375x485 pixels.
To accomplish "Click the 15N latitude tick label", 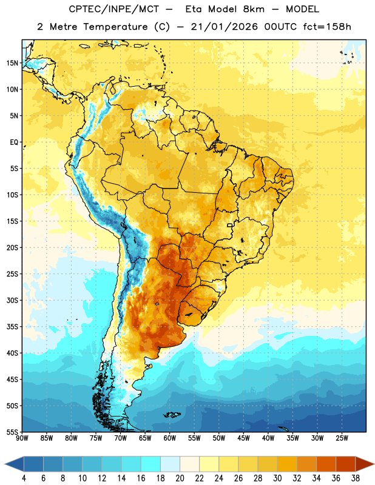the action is pyautogui.click(x=12, y=63).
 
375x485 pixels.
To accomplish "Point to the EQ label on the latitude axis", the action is pyautogui.click(x=14, y=142).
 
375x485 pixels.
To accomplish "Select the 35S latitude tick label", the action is pyautogui.click(x=12, y=327).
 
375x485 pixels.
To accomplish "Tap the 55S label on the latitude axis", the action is pyautogui.click(x=12, y=432).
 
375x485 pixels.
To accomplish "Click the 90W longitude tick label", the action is pyautogui.click(x=22, y=438).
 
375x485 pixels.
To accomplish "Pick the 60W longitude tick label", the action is pyautogui.click(x=170, y=438).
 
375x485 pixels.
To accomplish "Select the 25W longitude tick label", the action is pyautogui.click(x=342, y=438).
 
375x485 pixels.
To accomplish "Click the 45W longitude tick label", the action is pyautogui.click(x=243, y=438).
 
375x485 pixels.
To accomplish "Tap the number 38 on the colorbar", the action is pyautogui.click(x=356, y=478).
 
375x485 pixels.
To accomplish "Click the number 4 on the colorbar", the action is pyautogui.click(x=24, y=478).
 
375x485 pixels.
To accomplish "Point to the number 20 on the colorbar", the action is pyautogui.click(x=180, y=478).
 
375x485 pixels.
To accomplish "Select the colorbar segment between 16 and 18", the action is pyautogui.click(x=151, y=464).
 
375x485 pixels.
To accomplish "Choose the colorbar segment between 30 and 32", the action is pyautogui.click(x=287, y=464).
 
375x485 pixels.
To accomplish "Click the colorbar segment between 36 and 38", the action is pyautogui.click(x=346, y=464).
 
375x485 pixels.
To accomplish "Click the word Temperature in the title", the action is pyautogui.click(x=115, y=27).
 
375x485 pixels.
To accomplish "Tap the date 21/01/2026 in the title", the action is pyautogui.click(x=224, y=27).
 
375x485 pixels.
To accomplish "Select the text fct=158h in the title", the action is pyautogui.click(x=327, y=27).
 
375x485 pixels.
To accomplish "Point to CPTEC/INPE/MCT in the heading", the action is pyautogui.click(x=113, y=9).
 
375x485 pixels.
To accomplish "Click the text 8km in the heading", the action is pyautogui.click(x=254, y=9).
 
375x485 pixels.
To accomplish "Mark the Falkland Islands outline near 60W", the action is pyautogui.click(x=172, y=415).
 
